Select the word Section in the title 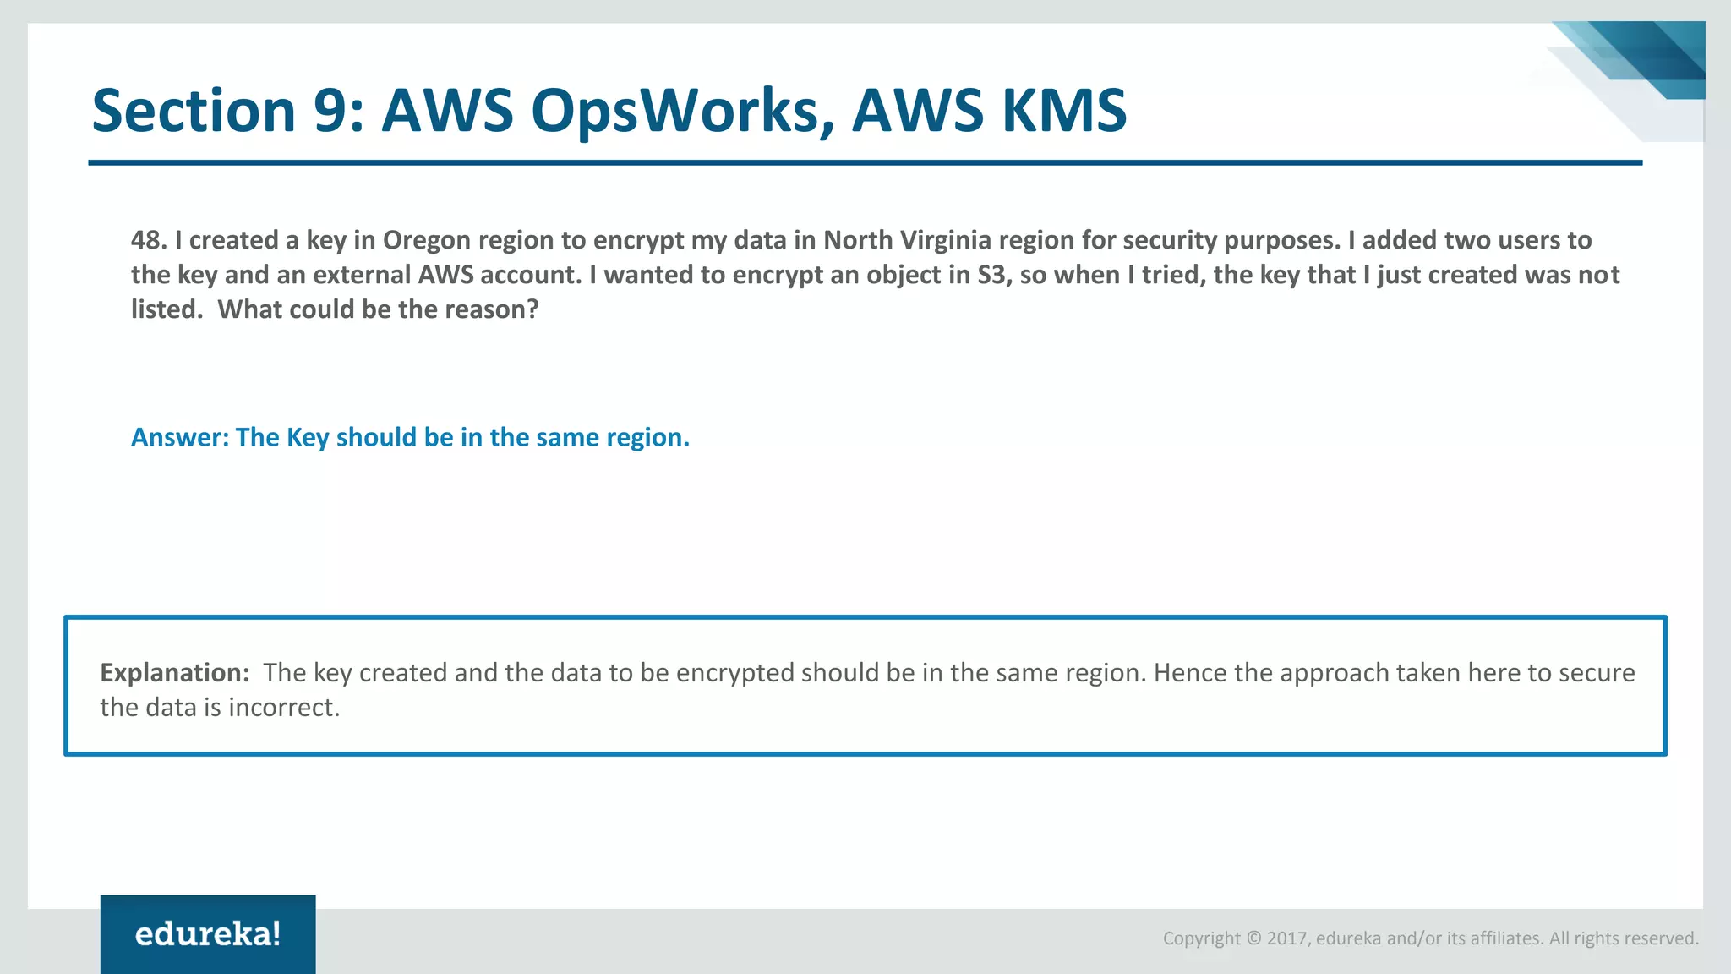click(193, 112)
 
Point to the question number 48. click(148, 240)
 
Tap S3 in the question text click(994, 275)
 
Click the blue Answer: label click(180, 437)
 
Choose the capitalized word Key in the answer click(308, 437)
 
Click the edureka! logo click(208, 934)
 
